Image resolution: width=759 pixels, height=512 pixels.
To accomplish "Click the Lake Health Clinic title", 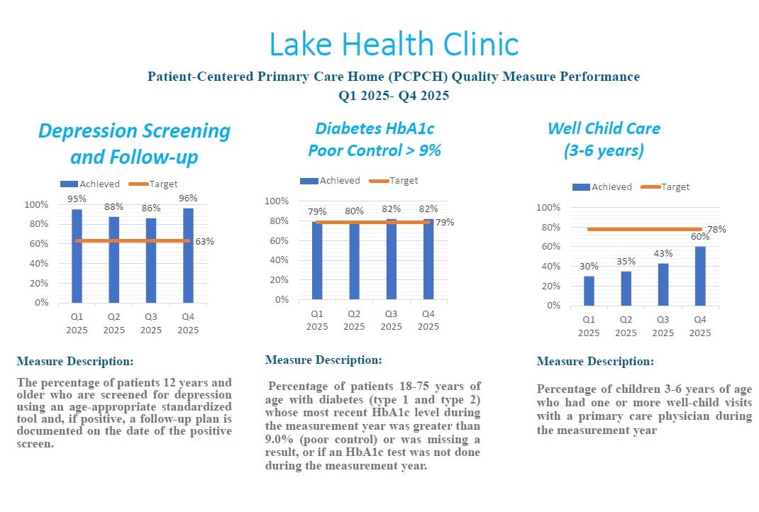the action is click(x=394, y=44).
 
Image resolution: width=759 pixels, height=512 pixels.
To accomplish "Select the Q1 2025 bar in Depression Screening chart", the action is click(x=77, y=256).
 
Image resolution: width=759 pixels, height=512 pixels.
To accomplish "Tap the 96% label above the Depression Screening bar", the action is click(x=188, y=198).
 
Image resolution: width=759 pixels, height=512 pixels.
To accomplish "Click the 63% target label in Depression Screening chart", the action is click(x=204, y=242).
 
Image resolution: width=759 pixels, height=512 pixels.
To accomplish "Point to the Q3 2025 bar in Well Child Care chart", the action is click(x=663, y=284).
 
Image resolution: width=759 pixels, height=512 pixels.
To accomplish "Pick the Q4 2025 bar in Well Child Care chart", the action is click(x=700, y=276).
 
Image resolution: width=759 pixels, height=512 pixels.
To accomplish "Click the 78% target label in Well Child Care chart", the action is click(x=716, y=229).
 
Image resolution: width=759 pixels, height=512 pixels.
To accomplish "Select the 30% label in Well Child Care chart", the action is click(x=589, y=266).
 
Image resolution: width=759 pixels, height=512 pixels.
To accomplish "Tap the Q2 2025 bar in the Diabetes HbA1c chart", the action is click(x=355, y=260).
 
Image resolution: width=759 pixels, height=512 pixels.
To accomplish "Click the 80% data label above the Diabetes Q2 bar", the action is click(x=354, y=211).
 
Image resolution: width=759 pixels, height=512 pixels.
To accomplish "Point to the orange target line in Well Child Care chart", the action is click(x=644, y=229).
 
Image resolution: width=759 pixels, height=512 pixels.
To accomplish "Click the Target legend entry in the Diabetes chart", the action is click(x=393, y=181).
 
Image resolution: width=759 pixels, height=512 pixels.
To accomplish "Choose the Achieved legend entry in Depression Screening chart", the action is click(x=89, y=184).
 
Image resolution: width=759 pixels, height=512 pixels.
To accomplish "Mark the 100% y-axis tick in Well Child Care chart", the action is click(x=548, y=207).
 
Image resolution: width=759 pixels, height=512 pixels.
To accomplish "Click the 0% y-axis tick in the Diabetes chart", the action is click(x=282, y=299).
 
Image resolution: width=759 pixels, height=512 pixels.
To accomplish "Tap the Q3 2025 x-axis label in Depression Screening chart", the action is click(x=151, y=323).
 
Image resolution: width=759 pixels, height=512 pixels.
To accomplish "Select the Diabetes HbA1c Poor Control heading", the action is click(x=375, y=140).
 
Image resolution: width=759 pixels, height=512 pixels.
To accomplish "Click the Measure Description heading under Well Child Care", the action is click(x=595, y=361).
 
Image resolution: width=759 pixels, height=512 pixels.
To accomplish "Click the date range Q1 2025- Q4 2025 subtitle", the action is click(x=394, y=95).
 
